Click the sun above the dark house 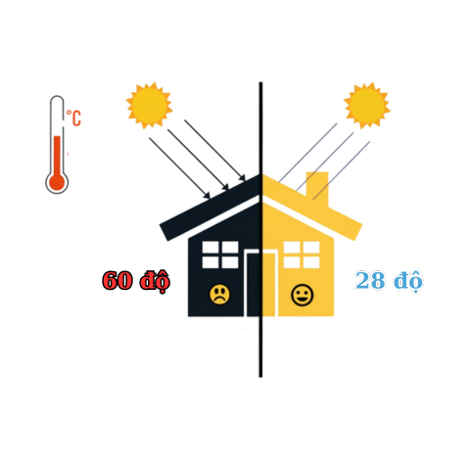pos(150,105)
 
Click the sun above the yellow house pos(367,105)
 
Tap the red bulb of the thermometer pos(57,182)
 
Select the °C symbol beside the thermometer pos(73,117)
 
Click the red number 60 pos(117,280)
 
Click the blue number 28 pos(370,280)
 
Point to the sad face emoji pos(219,295)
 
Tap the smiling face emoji pos(302,295)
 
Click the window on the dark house pos(220,255)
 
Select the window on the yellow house pos(302,255)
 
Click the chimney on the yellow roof pos(317,186)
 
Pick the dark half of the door pos(252,283)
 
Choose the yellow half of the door pos(270,283)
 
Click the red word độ pos(155,281)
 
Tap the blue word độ pos(408,281)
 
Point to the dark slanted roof pos(211,208)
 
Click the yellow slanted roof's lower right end pos(358,232)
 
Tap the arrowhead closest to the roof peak pos(242,177)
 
